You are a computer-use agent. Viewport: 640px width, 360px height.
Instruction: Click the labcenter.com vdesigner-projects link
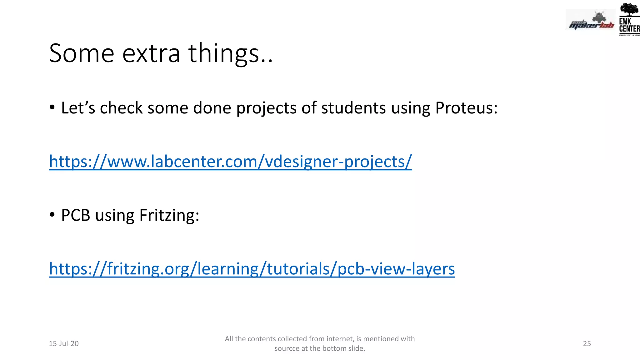[x=230, y=162]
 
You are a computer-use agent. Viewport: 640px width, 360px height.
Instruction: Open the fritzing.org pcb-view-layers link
[x=252, y=269]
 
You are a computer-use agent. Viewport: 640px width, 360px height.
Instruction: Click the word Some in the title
[x=82, y=53]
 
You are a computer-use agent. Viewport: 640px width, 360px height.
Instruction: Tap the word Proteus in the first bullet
[x=466, y=108]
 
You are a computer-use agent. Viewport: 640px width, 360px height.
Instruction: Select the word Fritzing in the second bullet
[x=169, y=215]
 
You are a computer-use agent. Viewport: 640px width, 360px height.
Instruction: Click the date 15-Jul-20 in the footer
[x=64, y=344]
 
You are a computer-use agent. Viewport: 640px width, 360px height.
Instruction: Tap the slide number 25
[x=587, y=344]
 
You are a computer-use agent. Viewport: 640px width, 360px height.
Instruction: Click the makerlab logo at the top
[x=591, y=21]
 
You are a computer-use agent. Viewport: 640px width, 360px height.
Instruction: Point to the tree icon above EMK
[x=629, y=9]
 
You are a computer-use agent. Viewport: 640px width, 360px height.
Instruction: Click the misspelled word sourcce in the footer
[x=287, y=348]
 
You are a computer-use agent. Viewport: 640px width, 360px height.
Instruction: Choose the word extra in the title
[x=151, y=53]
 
